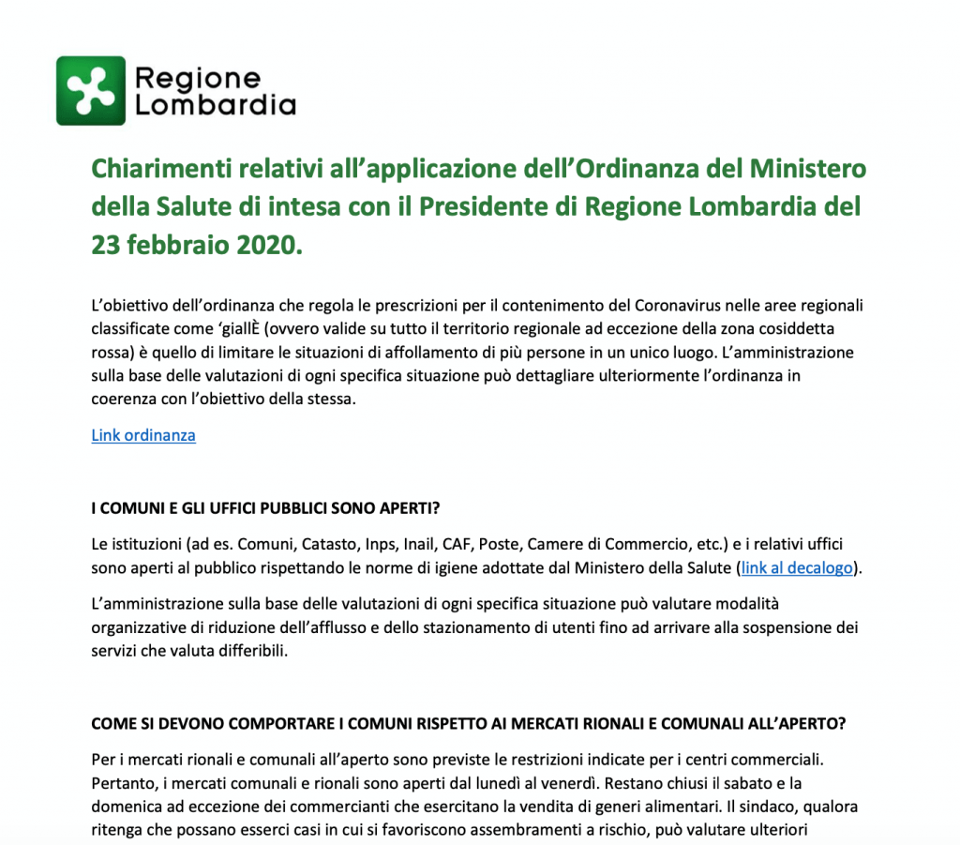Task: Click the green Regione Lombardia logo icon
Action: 90,90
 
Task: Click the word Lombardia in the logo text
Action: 216,105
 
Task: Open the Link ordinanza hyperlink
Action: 143,435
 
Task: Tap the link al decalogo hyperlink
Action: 796,567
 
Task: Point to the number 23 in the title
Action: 104,245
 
